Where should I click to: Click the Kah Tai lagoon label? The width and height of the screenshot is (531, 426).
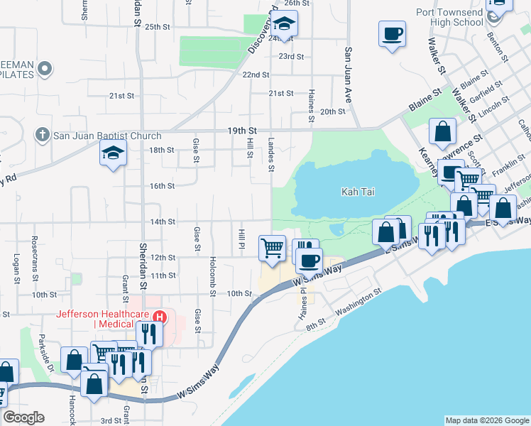(x=358, y=192)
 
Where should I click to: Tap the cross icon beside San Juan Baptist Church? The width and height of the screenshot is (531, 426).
(x=43, y=135)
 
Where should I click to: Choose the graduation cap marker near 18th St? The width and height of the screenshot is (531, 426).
(x=113, y=153)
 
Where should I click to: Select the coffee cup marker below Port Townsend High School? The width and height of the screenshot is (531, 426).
(x=391, y=33)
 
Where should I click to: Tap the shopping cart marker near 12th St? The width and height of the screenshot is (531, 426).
(x=273, y=248)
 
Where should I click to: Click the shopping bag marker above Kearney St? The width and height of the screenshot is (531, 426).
(x=442, y=131)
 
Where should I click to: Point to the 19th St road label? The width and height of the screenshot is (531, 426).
(x=242, y=131)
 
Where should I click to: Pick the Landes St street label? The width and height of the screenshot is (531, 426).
(x=270, y=154)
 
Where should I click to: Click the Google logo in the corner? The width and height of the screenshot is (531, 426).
(x=23, y=417)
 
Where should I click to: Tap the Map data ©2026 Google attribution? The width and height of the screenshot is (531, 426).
(x=486, y=420)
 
